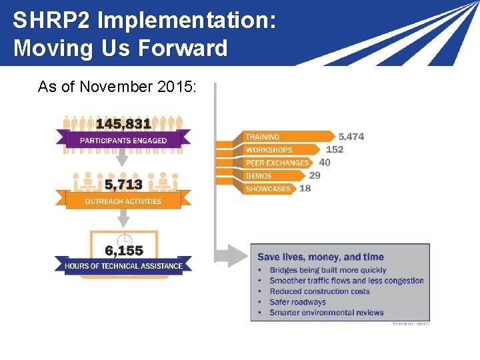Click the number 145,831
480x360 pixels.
tap(123, 123)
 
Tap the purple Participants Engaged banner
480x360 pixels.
tap(123, 140)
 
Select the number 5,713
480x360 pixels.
tap(123, 185)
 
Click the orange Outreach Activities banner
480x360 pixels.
tap(123, 201)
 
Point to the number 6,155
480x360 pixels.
tap(123, 251)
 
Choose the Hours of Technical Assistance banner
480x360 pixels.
tap(123, 266)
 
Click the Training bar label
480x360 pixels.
tap(263, 137)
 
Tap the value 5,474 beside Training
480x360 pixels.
tap(351, 137)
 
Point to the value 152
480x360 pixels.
tap(335, 149)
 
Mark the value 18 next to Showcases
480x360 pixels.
tap(305, 189)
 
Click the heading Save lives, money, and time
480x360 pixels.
tap(321, 257)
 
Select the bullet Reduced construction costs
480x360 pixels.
tap(319, 291)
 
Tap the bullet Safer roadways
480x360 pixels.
tap(297, 302)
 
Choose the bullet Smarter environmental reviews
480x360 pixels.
tap(327, 313)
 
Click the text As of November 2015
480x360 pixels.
tap(117, 87)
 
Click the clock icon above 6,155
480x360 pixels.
tap(123, 239)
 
